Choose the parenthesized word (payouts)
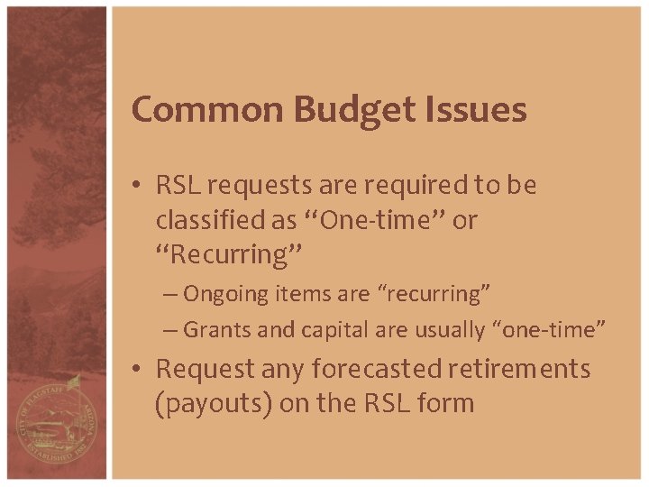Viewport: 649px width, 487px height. point(214,403)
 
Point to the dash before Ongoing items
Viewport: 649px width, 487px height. point(170,295)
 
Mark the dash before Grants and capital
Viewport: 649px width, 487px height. point(170,331)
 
